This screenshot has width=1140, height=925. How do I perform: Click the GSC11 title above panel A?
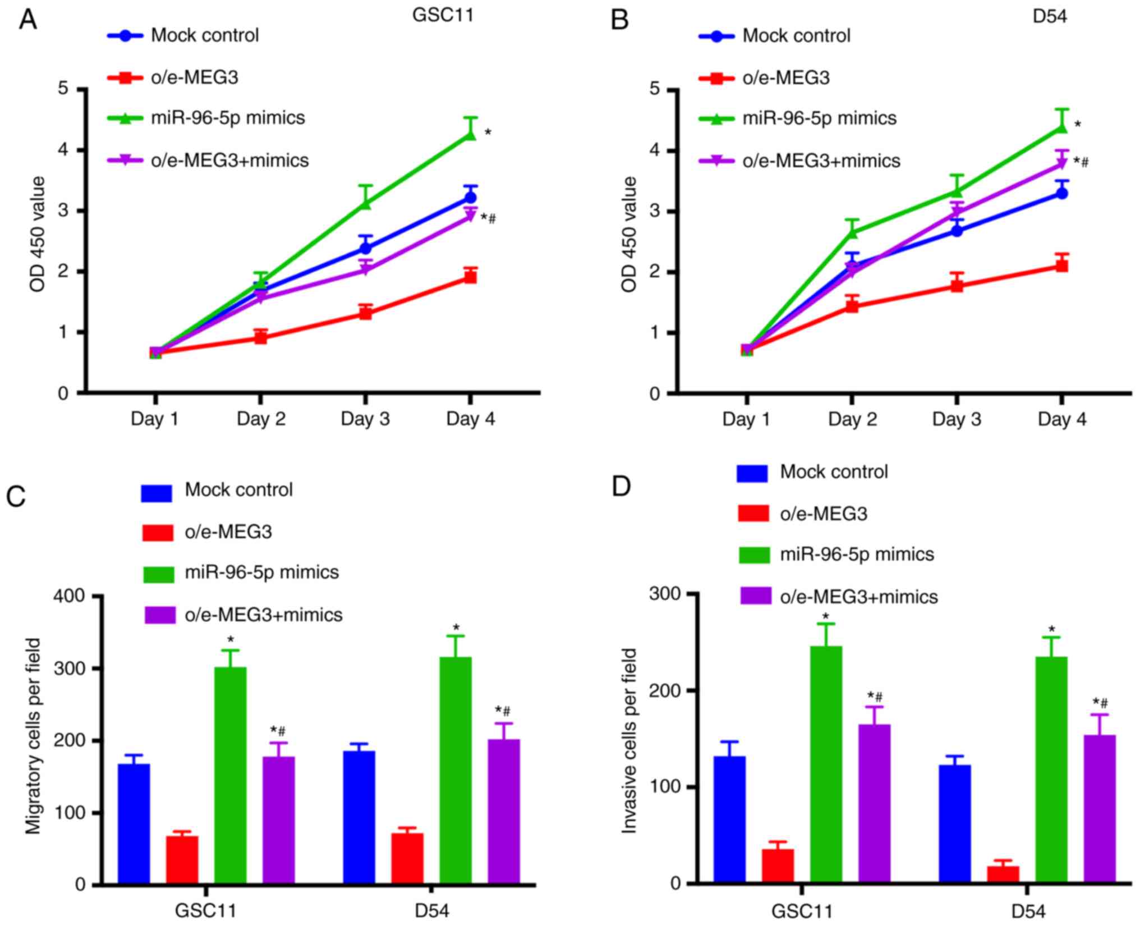443,15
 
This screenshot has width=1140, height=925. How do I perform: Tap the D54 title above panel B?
1050,16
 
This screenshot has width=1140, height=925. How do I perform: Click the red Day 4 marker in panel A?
470,277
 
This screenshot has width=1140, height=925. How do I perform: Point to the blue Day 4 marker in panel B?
1061,194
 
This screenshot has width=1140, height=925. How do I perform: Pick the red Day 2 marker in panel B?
852,306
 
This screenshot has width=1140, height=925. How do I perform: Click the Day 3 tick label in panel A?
365,419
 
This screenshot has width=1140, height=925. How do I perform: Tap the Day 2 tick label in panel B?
852,419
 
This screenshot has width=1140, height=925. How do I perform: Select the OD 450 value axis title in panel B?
629,234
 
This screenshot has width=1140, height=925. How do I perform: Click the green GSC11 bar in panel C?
230,775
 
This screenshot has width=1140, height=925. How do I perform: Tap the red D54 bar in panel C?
407,858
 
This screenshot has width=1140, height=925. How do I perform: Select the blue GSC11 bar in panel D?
729,819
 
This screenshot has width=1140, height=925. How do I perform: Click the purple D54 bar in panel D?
1100,809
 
